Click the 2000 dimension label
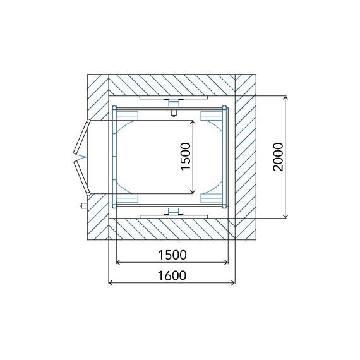[278, 157]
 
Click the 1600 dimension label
[172, 275]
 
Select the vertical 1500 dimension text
[186, 157]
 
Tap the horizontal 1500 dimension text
[172, 255]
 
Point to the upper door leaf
[81, 137]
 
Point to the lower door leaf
[81, 177]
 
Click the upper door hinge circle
[88, 121]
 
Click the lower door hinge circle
[88, 195]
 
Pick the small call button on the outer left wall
[83, 205]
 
